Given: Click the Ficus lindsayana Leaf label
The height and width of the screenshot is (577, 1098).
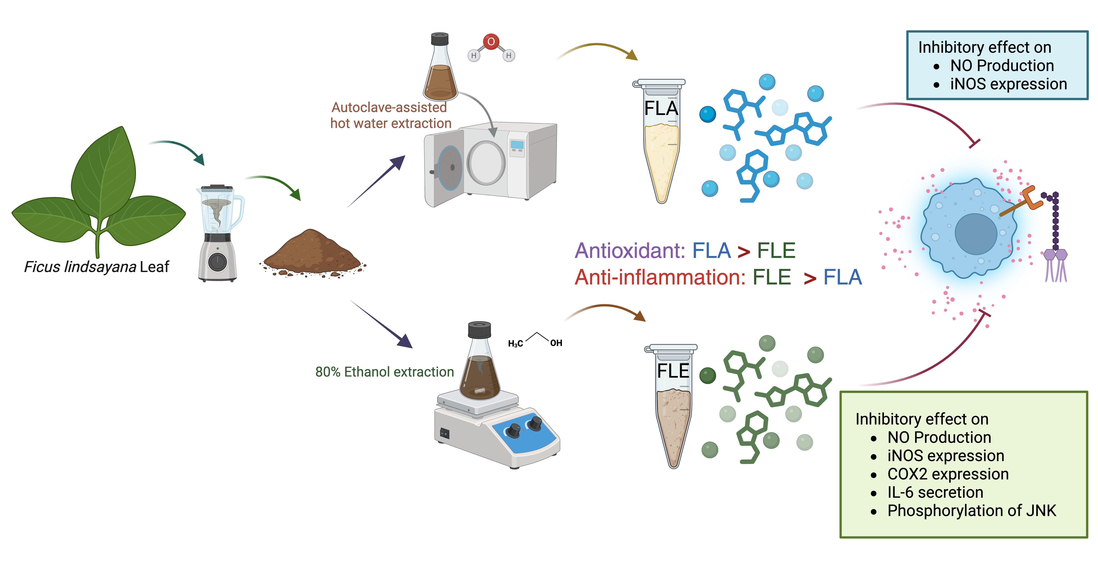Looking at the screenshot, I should [96, 267].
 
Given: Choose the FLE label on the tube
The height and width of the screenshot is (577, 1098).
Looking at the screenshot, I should [673, 371].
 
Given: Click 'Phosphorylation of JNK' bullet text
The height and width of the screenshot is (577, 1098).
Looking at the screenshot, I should [971, 511].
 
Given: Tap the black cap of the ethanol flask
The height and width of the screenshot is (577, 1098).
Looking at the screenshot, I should [479, 330].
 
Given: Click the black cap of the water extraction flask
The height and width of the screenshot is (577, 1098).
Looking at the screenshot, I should [439, 39].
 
